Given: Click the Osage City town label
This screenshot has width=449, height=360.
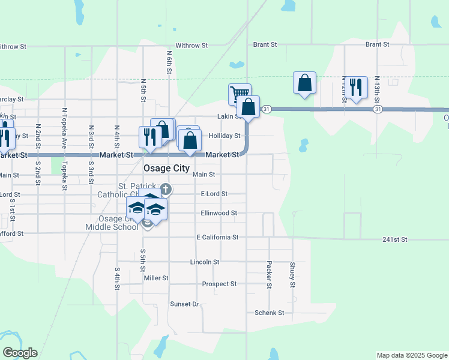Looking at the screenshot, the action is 167,169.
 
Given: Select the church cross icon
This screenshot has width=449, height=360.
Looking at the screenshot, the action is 166,190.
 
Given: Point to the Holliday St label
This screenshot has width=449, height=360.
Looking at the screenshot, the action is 224,136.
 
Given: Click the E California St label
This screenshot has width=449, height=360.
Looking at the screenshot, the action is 218,238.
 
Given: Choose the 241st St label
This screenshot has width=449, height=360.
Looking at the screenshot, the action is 394,239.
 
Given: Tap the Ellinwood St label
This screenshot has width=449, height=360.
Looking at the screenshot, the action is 218,213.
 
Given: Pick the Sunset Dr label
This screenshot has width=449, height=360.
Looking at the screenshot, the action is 184,304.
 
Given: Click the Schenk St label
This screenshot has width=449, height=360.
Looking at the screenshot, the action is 269,313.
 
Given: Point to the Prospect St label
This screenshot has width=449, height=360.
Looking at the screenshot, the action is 219,284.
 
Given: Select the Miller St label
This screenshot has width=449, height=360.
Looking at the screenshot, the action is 156,278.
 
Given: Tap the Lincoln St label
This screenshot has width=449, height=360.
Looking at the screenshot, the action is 204,262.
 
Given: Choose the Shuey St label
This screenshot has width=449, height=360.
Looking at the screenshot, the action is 292,275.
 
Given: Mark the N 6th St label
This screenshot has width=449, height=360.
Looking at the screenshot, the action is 169,62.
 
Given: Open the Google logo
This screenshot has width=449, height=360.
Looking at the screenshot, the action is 20,353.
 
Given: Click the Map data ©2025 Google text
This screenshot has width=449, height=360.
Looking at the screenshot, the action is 411,355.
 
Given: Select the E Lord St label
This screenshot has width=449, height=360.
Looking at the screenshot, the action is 214,194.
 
